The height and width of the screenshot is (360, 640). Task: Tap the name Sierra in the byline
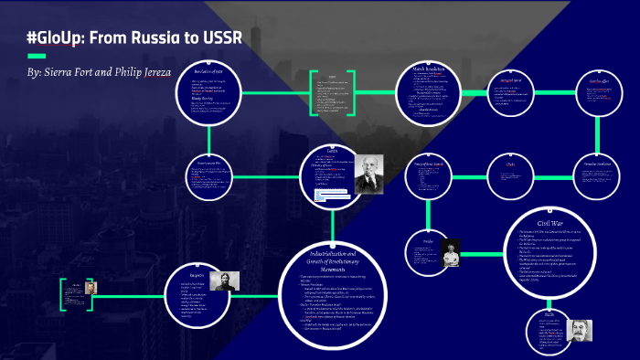[64, 69]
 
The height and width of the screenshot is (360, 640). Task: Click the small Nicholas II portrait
[91, 287]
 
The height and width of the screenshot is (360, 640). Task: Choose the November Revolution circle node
[591, 174]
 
